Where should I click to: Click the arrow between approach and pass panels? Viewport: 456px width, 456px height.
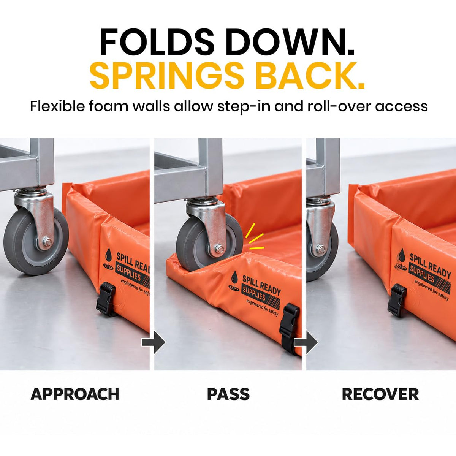pos(154,342)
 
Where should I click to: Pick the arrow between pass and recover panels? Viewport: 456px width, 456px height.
pos(306,342)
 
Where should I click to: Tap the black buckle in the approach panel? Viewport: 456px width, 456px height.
pos(106,299)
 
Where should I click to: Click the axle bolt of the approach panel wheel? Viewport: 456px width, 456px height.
pos(48,242)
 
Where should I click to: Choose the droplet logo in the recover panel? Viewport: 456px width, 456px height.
pos(401,259)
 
